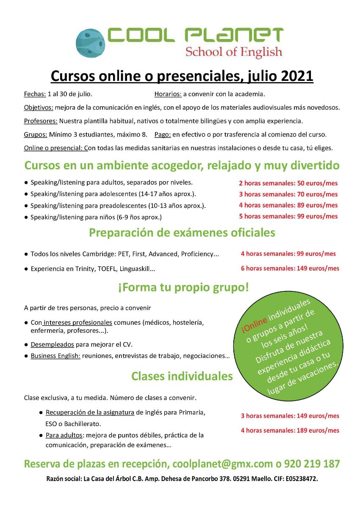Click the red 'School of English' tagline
pos(233,52)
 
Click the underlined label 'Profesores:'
pos(41,121)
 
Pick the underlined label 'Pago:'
pos(163,135)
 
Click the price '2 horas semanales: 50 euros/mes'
pos(288,183)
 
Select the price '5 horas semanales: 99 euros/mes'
pos(288,216)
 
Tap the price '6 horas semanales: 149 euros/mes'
pos(290,268)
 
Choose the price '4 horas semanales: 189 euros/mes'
pos(290,430)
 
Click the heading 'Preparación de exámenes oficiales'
pos(182,232)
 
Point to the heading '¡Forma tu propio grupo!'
pos(183,288)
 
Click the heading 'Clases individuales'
pos(182,376)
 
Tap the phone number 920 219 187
pos(312,464)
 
